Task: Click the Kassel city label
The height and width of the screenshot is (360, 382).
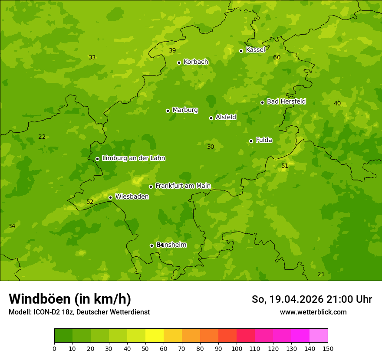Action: pyautogui.click(x=255, y=50)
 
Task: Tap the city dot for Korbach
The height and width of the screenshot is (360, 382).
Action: pyautogui.click(x=179, y=62)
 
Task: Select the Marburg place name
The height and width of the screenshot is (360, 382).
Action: pyautogui.click(x=185, y=110)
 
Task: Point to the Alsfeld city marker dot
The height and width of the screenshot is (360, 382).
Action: pyautogui.click(x=211, y=118)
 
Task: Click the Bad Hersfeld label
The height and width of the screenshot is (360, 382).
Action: pyautogui.click(x=286, y=101)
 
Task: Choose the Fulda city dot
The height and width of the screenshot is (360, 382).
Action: pyautogui.click(x=251, y=141)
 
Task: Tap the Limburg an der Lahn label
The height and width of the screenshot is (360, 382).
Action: pyautogui.click(x=133, y=158)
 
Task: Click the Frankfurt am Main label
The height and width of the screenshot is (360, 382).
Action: pyautogui.click(x=183, y=186)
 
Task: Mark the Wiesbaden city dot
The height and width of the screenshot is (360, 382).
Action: pyautogui.click(x=110, y=197)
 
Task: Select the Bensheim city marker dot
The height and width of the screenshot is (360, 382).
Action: pyautogui.click(x=151, y=245)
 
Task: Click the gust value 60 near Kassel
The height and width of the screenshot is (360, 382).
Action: pyautogui.click(x=277, y=58)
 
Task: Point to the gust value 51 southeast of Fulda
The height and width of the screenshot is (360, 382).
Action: pyautogui.click(x=285, y=166)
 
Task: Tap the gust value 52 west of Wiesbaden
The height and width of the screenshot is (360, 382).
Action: pyautogui.click(x=90, y=202)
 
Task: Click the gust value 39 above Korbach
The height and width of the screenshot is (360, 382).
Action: pyautogui.click(x=172, y=51)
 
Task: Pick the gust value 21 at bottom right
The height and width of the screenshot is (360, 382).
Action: pyautogui.click(x=321, y=275)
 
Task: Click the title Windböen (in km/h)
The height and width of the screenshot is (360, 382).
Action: pyautogui.click(x=70, y=299)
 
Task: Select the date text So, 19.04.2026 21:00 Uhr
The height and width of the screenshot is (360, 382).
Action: pyautogui.click(x=312, y=299)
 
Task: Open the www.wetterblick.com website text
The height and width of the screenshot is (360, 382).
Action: pyautogui.click(x=313, y=312)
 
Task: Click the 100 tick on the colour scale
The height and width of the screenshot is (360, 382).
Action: pyautogui.click(x=237, y=349)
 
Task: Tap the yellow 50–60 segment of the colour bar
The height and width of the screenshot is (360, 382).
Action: pyautogui.click(x=155, y=336)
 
